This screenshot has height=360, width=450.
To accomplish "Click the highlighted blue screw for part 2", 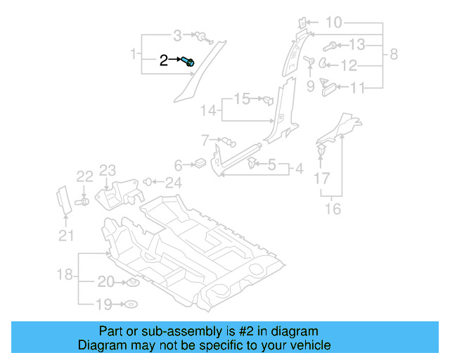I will (x=188, y=62).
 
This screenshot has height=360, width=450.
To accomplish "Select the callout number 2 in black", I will (x=164, y=60).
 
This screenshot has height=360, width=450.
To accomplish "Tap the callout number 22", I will (x=84, y=176).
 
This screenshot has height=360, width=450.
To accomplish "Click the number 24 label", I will (x=173, y=183).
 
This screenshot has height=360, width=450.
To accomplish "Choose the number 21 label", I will (x=66, y=236).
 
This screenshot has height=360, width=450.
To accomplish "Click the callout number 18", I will (x=65, y=274).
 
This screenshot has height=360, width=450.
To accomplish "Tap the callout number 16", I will (x=333, y=209).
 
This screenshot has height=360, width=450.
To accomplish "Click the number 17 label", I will (x=321, y=179).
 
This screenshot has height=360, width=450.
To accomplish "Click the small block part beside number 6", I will (x=199, y=165).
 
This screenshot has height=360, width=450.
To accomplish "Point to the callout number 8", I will (x=394, y=54).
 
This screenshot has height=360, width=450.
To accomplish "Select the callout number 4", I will (x=299, y=169).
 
